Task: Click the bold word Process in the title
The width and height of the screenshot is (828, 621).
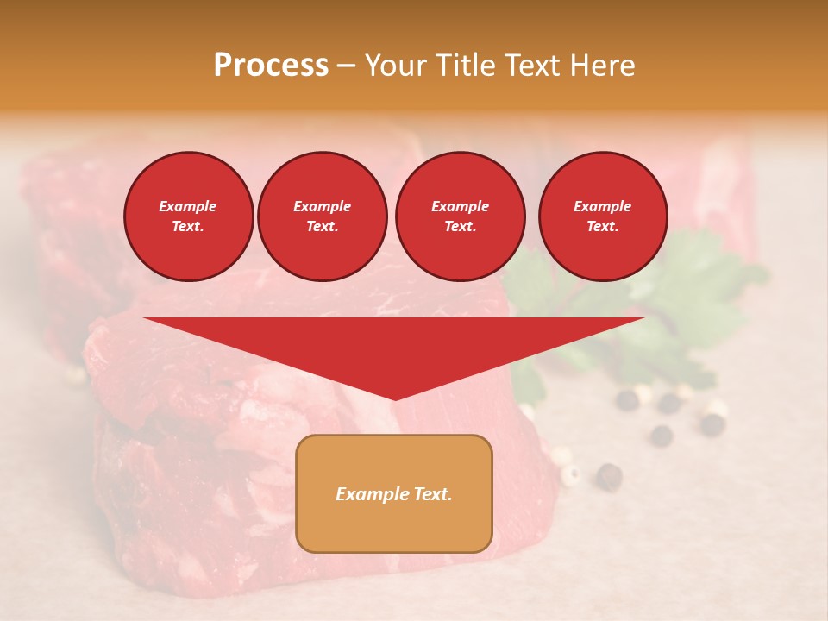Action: pyautogui.click(x=271, y=66)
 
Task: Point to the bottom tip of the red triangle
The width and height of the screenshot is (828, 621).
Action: pyautogui.click(x=395, y=398)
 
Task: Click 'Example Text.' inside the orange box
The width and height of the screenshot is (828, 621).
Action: pyautogui.click(x=394, y=494)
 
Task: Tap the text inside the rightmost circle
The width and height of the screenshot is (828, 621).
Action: pyautogui.click(x=603, y=216)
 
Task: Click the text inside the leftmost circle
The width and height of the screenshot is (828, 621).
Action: pyautogui.click(x=188, y=216)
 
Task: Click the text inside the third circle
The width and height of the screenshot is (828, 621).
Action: pyautogui.click(x=460, y=216)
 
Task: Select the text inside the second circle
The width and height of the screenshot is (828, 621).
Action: pyautogui.click(x=322, y=216)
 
